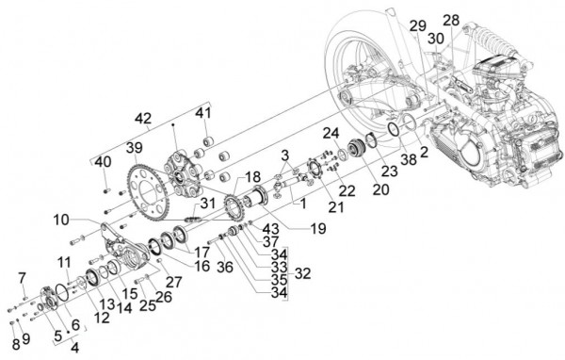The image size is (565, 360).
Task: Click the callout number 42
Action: [x=142, y=120]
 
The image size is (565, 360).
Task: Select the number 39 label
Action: [x=135, y=149]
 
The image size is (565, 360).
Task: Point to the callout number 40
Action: [x=103, y=162]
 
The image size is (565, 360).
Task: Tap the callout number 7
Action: [x=21, y=275]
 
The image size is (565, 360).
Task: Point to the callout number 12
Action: [x=101, y=318]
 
